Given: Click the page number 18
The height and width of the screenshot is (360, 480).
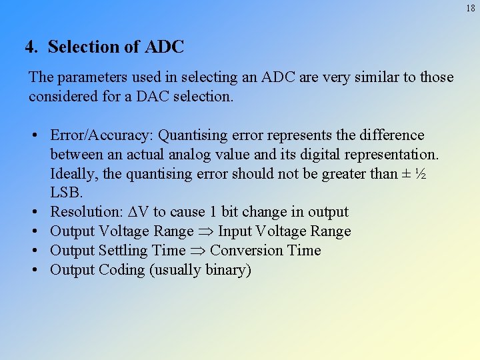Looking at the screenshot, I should pos(471,8).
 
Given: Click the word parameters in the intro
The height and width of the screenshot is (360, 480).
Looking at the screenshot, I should pos(82,77).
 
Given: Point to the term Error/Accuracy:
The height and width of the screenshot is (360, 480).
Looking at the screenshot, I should pos(101,136).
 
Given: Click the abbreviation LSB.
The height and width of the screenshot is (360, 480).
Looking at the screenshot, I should pos(65,193).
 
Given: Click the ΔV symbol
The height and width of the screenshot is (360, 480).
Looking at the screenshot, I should pos(138,212).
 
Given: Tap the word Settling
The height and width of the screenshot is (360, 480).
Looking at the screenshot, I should pos(124,251).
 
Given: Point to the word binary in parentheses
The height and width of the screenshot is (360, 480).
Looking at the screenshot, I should pos(225,270).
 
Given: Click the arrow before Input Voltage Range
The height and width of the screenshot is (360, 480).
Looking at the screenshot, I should pos(205,231).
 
